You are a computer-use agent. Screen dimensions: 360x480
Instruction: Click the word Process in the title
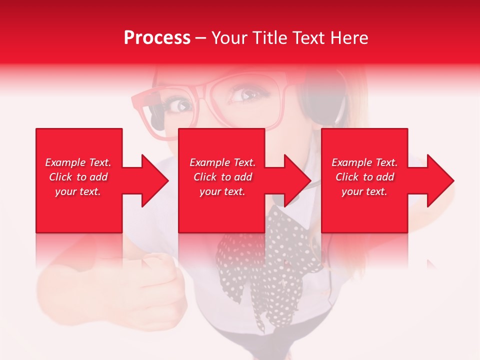(157, 38)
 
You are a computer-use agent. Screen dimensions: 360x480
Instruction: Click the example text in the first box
(78, 177)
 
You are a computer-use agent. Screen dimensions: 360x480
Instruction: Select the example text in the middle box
(222, 177)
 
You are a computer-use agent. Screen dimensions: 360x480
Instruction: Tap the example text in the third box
(364, 177)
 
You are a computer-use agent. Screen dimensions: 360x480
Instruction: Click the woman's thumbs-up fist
(150, 280)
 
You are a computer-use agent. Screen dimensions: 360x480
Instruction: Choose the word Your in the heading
(229, 38)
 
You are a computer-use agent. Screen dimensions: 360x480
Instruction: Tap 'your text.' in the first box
(78, 191)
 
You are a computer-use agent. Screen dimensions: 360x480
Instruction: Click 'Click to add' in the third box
(364, 177)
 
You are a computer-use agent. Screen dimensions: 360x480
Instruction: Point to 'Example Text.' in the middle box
(222, 162)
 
